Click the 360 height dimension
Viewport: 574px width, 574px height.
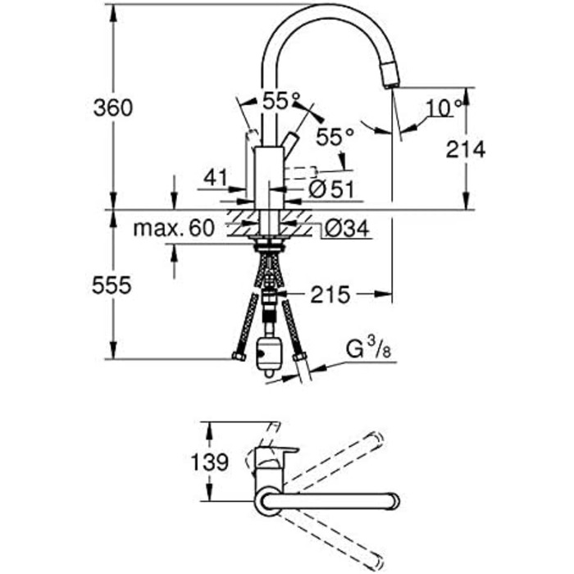pos(113,108)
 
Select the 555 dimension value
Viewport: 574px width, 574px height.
pos(112,285)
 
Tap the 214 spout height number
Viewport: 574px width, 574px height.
pos(466,149)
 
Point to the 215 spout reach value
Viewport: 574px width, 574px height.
pos(330,294)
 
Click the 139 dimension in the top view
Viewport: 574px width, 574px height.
pos(210,462)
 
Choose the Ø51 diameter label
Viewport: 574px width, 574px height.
pos(331,189)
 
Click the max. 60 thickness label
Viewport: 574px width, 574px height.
pos(174,228)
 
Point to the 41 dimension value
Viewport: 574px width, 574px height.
pos(216,178)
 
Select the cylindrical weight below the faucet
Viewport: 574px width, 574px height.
pos(269,355)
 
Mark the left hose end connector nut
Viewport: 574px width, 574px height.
pos(239,355)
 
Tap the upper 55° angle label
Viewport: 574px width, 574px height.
pos(281,101)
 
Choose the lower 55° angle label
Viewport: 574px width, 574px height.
pos(335,137)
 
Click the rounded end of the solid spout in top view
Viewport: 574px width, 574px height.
pos(394,500)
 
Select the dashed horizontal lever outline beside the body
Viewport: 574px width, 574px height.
pos(300,172)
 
